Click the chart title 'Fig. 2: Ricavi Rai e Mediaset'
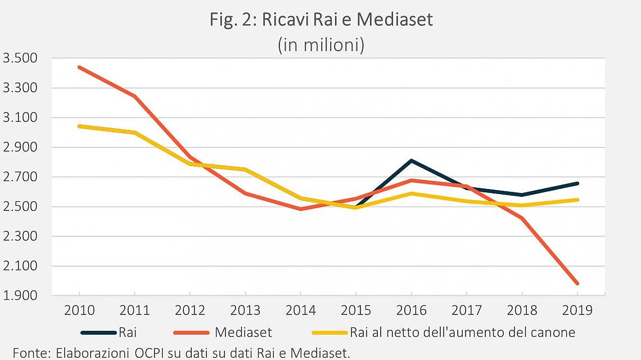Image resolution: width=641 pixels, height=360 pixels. pos(321,19)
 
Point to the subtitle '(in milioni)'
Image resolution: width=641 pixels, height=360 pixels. pos(321,44)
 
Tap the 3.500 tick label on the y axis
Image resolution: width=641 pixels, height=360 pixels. pos(20,58)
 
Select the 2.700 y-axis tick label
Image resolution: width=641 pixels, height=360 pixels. pos(20,177)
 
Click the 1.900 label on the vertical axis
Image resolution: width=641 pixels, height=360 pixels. pos(20,295)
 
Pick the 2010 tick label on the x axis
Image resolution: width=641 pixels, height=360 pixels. pos(79,310)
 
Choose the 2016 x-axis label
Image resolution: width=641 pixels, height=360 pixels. pos(411,310)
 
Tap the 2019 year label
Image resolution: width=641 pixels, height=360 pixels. pos(577,310)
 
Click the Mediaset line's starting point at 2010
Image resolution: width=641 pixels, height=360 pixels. pos(79,67)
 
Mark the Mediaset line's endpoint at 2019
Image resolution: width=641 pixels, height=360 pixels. pos(577,283)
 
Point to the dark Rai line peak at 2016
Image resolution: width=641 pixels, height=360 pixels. pos(411,161)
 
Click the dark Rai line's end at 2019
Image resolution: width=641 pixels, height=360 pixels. pos(577,183)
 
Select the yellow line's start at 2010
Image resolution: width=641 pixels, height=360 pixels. pos(79,126)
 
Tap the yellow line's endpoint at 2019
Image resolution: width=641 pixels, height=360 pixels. pos(577,200)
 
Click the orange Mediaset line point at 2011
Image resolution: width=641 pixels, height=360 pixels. pos(134,96)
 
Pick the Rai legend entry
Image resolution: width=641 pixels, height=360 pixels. pos(109,332)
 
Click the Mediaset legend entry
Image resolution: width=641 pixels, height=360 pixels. pos(223,332)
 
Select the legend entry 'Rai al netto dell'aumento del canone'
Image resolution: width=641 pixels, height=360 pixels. pos(444,332)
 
